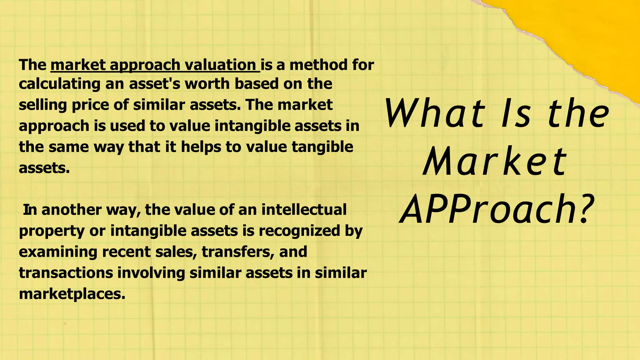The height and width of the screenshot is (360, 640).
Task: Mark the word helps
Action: tap(201, 147)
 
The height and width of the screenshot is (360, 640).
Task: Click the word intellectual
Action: tap(304, 209)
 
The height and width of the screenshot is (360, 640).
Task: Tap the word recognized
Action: tap(299, 231)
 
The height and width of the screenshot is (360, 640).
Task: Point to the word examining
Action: tap(58, 252)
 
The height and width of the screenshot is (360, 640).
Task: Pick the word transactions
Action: tap(66, 273)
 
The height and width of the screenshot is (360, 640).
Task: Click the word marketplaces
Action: tap(72, 294)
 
